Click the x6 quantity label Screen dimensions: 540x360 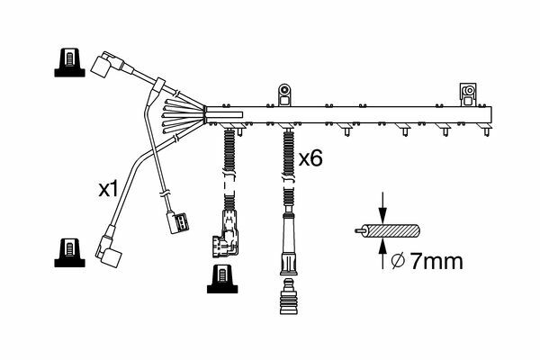(x=310, y=158)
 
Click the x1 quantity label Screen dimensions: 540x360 (x=108, y=189)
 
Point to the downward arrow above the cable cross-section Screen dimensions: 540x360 (x=382, y=207)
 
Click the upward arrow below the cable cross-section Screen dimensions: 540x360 (x=382, y=255)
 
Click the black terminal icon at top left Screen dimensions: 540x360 (x=69, y=62)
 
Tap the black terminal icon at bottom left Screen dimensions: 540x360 (x=69, y=253)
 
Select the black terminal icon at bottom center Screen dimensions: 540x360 (x=222, y=279)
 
